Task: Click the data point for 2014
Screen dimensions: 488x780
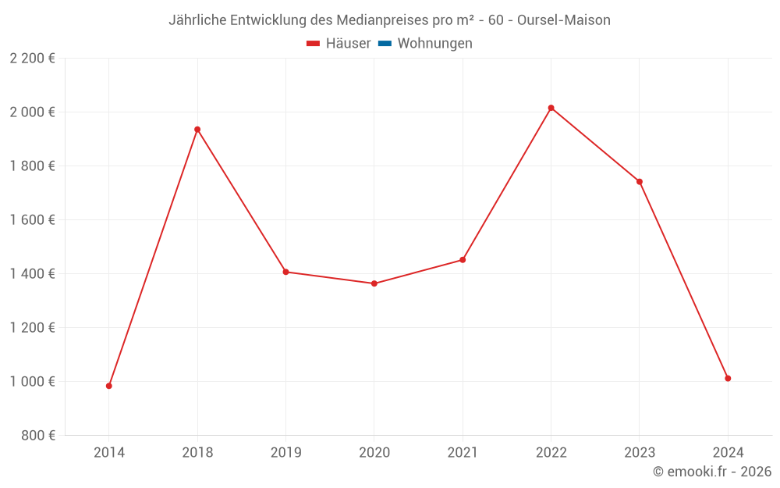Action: tap(109, 386)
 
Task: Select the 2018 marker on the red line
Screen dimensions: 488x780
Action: tap(197, 130)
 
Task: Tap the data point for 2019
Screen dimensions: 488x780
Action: tap(285, 272)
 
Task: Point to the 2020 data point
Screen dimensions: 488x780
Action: tap(374, 283)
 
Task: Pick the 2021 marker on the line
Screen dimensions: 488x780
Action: tap(463, 260)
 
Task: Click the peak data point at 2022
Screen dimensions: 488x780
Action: tap(551, 108)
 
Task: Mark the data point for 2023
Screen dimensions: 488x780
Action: tap(640, 182)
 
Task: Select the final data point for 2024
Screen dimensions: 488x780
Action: tap(728, 379)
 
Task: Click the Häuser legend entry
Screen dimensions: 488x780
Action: tap(339, 44)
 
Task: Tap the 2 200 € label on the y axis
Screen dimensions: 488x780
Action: tap(33, 59)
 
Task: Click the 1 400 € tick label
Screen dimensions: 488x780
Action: tap(33, 274)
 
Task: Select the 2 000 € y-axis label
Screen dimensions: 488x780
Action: tap(33, 112)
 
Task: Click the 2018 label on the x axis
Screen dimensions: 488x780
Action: tap(197, 452)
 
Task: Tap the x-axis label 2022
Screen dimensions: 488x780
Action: tap(551, 452)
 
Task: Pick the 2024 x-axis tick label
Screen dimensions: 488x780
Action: tap(728, 452)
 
